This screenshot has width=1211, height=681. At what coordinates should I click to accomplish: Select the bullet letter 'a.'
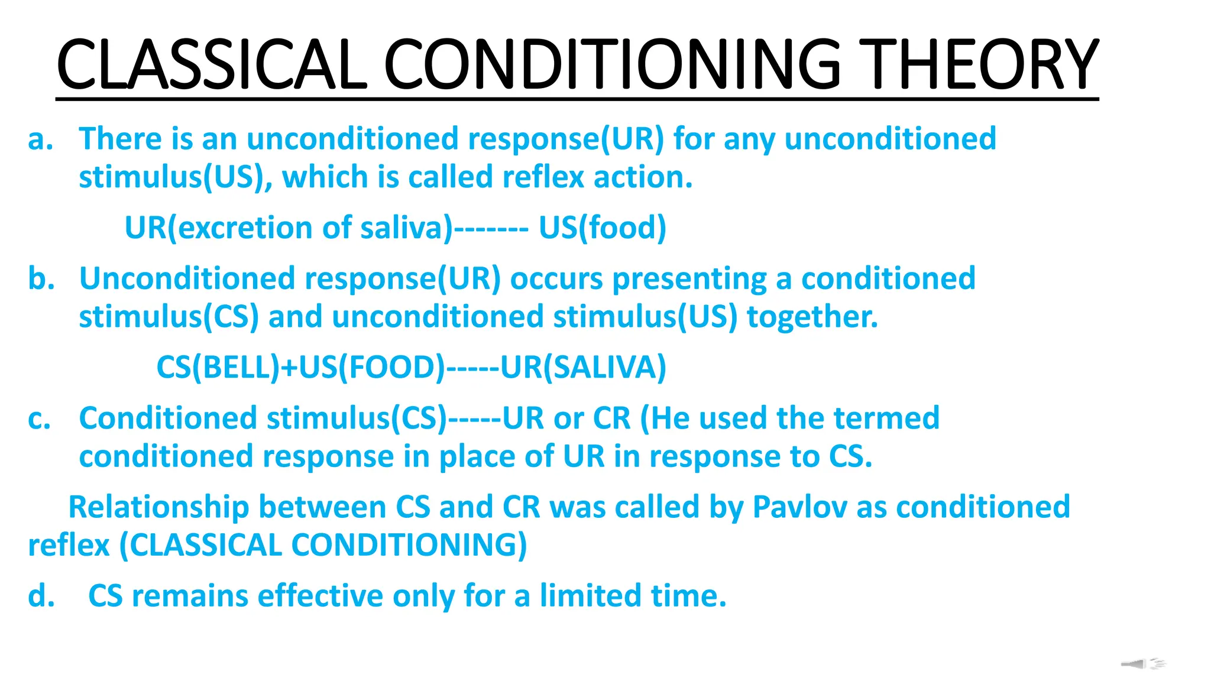click(41, 139)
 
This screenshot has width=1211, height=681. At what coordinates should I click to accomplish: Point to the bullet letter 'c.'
click(40, 419)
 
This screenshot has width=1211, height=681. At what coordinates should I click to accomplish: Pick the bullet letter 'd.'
click(41, 596)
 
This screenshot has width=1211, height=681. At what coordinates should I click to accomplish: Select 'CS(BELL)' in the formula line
click(218, 367)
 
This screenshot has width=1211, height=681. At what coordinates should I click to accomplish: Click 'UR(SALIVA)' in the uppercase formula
click(584, 367)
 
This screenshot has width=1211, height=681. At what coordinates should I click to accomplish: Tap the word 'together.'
click(812, 317)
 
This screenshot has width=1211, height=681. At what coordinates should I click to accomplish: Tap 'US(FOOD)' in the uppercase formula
click(372, 367)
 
